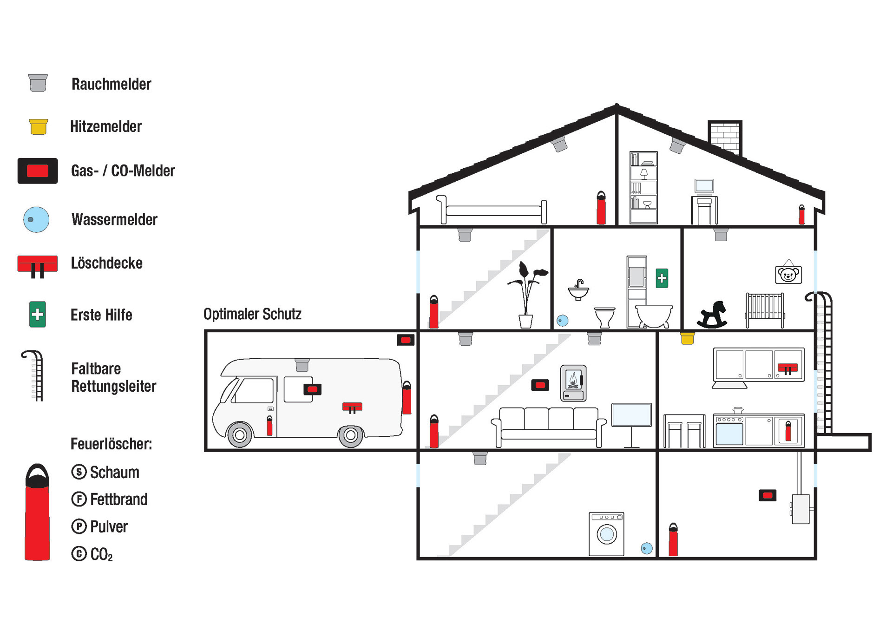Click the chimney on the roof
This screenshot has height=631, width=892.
pyautogui.click(x=725, y=136)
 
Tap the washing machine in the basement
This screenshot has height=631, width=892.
pyautogui.click(x=606, y=534)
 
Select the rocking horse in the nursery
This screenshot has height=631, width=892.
pyautogui.click(x=713, y=315)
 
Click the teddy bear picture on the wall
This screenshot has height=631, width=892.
pyautogui.click(x=788, y=274)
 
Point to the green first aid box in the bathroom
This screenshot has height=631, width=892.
pyautogui.click(x=662, y=278)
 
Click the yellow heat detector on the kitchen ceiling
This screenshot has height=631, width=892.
pyautogui.click(x=687, y=338)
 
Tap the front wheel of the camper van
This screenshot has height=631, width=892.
pyautogui.click(x=240, y=435)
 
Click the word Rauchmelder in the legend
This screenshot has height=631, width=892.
pyautogui.click(x=111, y=84)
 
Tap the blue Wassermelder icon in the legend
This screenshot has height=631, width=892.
pyautogui.click(x=36, y=219)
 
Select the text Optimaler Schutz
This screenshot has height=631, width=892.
pyautogui.click(x=252, y=314)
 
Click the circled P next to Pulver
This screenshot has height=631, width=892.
pyautogui.click(x=79, y=526)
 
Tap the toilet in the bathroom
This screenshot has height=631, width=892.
pyautogui.click(x=605, y=317)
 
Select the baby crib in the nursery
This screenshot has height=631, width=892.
pyautogui.click(x=765, y=309)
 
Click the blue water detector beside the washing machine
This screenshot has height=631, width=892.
pyautogui.click(x=646, y=548)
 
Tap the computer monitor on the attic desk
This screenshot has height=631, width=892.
pyautogui.click(x=704, y=186)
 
